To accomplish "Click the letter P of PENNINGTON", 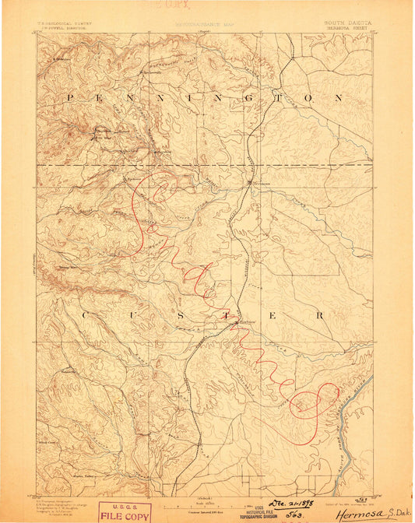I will coord(69,98).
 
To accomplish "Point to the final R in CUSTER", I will coord(319,315).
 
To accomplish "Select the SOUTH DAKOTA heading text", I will coord(348,23).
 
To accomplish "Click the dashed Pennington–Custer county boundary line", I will coord(311,165).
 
